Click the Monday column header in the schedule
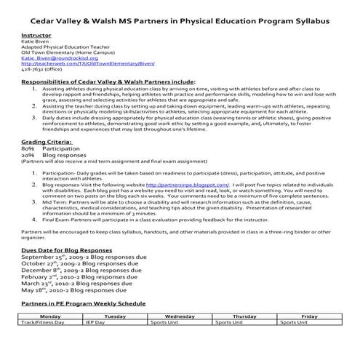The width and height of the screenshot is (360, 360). [x=50, y=317]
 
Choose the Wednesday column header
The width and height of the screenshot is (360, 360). [x=180, y=317]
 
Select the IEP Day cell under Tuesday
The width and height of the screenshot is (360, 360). [x=95, y=322]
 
